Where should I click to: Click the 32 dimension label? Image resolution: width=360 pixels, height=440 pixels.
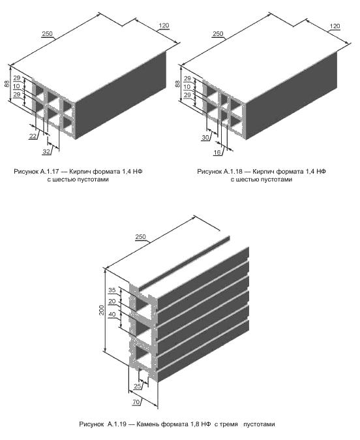point(46,152)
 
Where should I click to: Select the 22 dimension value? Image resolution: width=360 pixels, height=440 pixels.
point(33,136)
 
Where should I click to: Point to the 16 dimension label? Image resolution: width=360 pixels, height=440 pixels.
point(217,152)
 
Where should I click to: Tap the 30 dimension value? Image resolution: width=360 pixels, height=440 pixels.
point(205,138)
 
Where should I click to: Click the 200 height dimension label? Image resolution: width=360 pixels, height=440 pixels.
point(102,310)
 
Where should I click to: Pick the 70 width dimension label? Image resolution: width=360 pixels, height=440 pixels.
point(136,402)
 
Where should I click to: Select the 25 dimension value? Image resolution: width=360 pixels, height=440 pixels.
point(138,386)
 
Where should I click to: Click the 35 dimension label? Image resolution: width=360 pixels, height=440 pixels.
point(112,290)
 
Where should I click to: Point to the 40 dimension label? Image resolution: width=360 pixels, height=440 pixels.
point(112,315)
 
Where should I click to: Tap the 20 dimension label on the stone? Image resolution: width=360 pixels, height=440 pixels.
point(112,302)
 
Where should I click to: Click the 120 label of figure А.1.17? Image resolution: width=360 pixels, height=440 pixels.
point(164,25)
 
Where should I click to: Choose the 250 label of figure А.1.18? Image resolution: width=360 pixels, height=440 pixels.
point(218,34)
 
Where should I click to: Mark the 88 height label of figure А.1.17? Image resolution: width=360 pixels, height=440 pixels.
point(7,84)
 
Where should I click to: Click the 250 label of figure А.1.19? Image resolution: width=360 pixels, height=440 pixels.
point(140,236)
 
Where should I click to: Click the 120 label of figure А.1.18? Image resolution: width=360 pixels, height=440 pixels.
point(335,26)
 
